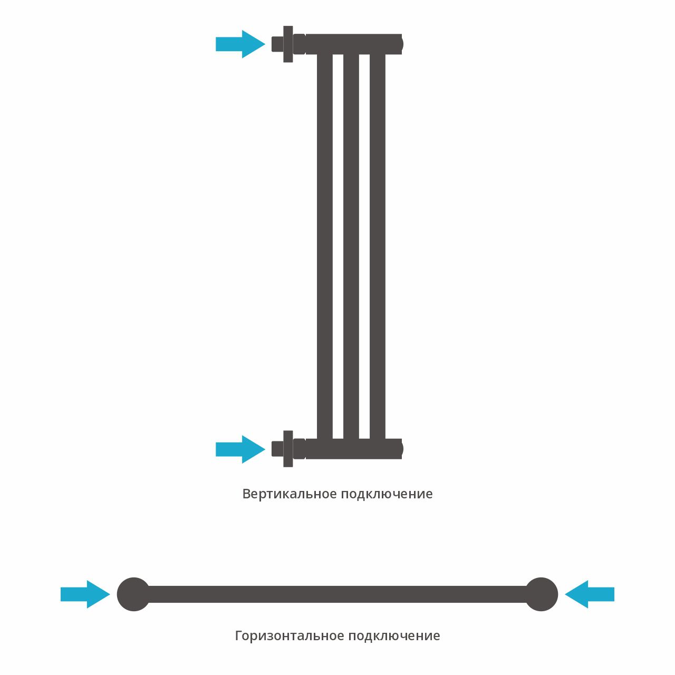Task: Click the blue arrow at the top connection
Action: (240, 44)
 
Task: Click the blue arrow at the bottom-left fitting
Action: (240, 449)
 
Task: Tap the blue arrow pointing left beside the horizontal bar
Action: (590, 594)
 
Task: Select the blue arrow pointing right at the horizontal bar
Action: (85, 594)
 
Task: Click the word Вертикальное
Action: (289, 494)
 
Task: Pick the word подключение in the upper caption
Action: (387, 494)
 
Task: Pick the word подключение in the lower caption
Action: (394, 636)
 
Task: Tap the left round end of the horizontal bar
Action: (133, 594)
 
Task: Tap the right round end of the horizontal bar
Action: (542, 594)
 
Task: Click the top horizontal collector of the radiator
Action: (353, 44)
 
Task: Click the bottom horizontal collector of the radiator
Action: (353, 449)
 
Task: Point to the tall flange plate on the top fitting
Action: (288, 44)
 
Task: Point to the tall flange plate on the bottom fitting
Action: (288, 449)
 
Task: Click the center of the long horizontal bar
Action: (337, 594)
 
